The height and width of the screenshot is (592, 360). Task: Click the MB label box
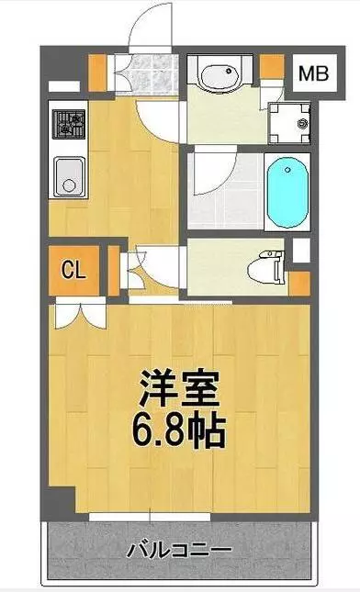[314, 73]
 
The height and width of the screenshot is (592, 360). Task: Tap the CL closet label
[73, 270]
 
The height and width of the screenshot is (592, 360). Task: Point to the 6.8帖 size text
[179, 430]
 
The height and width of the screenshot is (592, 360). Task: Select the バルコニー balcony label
[178, 551]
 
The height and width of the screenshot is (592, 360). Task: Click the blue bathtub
[287, 193]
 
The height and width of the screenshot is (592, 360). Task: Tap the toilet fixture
[266, 268]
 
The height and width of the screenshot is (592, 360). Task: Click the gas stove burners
[68, 124]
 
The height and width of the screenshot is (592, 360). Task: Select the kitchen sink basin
[70, 177]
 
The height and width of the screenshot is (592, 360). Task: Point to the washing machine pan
[289, 124]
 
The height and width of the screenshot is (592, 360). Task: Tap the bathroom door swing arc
[215, 171]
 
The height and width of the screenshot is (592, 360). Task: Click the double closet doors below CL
[80, 313]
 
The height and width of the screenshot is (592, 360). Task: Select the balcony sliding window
[150, 517]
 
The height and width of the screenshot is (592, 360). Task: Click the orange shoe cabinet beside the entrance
[97, 73]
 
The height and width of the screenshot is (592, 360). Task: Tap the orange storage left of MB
[272, 67]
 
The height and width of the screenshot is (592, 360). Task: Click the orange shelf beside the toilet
[300, 284]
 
